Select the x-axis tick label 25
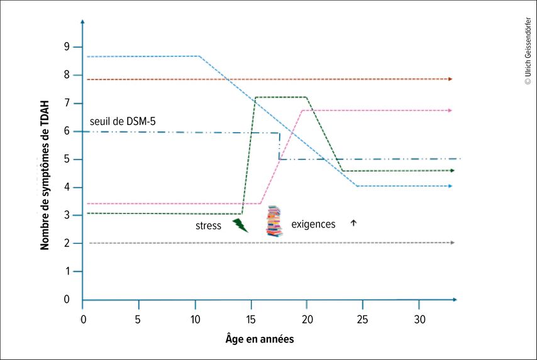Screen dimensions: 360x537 point(362,319)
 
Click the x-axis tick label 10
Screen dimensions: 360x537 point(194,319)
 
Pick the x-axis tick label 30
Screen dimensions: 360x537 point(419,319)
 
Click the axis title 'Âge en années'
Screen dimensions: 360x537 point(260,339)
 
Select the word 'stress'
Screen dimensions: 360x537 point(208,226)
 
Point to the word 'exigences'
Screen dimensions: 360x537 point(314,224)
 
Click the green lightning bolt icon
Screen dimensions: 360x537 point(240,225)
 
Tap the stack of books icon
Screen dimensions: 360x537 point(274,221)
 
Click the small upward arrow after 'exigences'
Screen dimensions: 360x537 point(353,222)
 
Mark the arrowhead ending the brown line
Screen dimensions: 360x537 point(450,79)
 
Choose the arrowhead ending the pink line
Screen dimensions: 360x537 point(450,111)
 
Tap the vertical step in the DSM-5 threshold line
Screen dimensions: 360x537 point(279,146)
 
